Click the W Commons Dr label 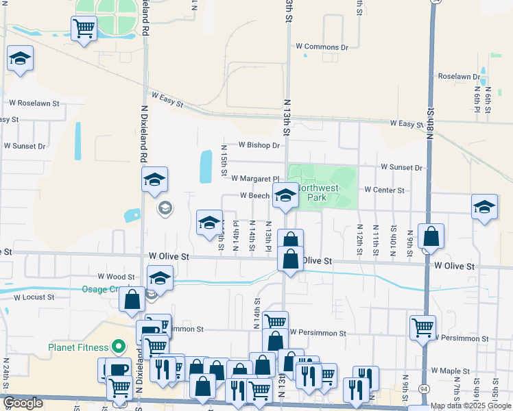[322, 47]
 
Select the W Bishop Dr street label [259, 145]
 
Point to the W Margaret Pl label [256, 178]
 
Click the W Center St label [385, 190]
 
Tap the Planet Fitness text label [79, 347]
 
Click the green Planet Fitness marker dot [118, 347]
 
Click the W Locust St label [34, 297]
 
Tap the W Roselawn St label [34, 103]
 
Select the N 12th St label [359, 240]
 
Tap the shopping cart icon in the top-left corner [83, 29]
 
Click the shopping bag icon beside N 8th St [431, 236]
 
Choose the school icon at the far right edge [484, 208]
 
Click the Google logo [23, 403]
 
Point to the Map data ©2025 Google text [471, 406]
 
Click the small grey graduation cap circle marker [164, 208]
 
